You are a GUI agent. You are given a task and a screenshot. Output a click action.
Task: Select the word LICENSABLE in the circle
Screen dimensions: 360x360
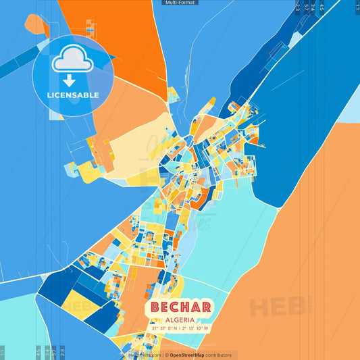click(73, 95)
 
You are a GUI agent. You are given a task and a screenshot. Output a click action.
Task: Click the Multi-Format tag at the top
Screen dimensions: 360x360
click(180, 3)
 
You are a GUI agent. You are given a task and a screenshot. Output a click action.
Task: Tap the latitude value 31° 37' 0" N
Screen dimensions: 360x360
click(166, 329)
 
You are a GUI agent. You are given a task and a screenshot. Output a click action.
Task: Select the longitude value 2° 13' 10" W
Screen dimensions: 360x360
click(197, 329)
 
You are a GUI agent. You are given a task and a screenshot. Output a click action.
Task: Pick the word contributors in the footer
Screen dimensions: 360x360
click(217, 355)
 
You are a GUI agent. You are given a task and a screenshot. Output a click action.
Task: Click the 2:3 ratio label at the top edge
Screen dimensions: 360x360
click(298, 7)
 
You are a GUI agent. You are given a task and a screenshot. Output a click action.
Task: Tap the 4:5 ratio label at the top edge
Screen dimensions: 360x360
click(322, 7)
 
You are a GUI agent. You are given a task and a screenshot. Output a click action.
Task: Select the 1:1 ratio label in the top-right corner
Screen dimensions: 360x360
click(357, 6)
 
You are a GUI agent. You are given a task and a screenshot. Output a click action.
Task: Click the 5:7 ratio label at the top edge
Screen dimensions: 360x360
click(306, 7)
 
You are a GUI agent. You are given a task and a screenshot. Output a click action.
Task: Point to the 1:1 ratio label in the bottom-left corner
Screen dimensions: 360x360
click(3, 352)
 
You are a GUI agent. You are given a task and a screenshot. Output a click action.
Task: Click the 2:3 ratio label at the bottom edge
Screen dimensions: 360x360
click(63, 352)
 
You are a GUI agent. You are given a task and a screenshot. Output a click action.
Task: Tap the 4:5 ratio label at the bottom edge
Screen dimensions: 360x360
click(38, 352)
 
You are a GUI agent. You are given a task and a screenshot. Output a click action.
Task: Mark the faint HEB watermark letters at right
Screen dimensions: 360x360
click(277, 307)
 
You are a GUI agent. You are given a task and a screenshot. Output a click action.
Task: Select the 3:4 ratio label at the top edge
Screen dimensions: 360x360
click(313, 7)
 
